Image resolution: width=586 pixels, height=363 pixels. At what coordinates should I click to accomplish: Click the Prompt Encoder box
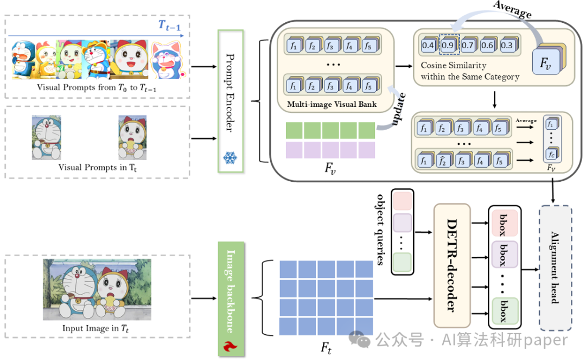tap(231, 101)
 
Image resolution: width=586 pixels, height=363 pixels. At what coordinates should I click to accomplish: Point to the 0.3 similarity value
tap(507, 45)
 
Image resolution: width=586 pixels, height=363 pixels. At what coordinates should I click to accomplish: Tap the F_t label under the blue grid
tap(326, 348)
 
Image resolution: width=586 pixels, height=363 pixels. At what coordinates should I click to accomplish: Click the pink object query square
tap(402, 200)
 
